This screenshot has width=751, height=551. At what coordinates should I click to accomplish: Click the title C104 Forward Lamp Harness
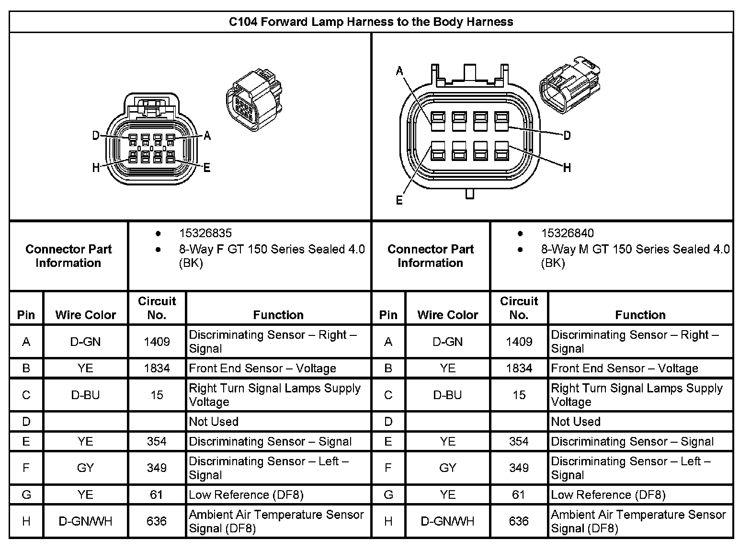click(x=371, y=22)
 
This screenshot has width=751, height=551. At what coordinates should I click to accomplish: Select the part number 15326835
click(x=205, y=233)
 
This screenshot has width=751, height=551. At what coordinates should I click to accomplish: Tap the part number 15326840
click(x=567, y=233)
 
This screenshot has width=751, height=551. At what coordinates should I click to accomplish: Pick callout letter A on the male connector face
click(x=399, y=71)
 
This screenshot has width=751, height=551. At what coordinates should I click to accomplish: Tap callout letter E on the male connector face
click(x=399, y=200)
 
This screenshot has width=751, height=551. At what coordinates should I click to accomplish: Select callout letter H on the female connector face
click(x=96, y=168)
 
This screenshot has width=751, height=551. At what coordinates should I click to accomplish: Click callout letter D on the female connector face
click(x=96, y=136)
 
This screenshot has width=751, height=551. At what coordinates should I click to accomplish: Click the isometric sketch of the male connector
click(x=570, y=85)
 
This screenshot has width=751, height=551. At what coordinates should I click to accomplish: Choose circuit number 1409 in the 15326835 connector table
click(x=157, y=342)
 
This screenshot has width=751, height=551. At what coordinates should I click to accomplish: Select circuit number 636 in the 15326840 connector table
click(x=519, y=521)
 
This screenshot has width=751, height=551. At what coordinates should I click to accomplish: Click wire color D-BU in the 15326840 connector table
click(x=447, y=395)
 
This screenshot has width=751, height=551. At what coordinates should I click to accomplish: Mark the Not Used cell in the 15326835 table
click(x=214, y=422)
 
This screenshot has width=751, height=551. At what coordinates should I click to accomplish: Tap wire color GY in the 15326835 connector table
click(x=85, y=468)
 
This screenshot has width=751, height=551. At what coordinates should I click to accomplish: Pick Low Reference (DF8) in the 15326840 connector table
click(x=608, y=494)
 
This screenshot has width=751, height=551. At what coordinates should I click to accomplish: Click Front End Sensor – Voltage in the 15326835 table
click(x=262, y=368)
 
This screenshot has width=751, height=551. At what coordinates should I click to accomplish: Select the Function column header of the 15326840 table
click(x=640, y=315)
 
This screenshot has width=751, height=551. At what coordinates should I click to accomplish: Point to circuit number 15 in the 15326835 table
click(x=157, y=395)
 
